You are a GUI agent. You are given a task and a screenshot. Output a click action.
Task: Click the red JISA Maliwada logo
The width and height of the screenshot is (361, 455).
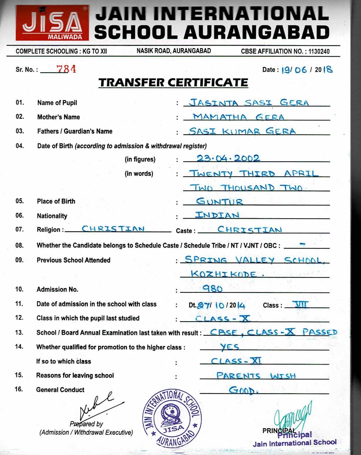point(52,23)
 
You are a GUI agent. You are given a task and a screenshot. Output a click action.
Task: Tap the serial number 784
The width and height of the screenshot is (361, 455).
point(66,69)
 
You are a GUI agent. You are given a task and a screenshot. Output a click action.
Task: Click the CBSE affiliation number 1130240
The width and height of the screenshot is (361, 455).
point(319,51)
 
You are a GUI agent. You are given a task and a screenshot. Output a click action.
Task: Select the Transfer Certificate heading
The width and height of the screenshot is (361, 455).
point(173,83)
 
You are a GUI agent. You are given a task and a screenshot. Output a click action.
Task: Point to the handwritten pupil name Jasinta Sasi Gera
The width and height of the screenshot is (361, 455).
point(249,103)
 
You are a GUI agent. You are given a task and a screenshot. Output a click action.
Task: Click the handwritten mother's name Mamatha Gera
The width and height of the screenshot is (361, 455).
point(238,117)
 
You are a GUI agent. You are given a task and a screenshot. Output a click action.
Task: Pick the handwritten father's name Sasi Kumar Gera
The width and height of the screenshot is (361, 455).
point(242,131)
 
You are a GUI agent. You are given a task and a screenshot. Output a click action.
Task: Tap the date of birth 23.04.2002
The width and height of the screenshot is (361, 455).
point(228,159)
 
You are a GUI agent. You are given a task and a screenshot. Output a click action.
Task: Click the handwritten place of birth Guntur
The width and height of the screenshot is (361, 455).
point(220,201)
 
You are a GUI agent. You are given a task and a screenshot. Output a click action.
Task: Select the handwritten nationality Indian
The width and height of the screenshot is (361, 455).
point(217,215)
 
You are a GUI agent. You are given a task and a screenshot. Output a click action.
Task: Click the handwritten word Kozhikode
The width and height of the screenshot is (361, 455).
point(223,274)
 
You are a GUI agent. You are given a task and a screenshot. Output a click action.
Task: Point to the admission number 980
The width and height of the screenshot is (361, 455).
point(212,289)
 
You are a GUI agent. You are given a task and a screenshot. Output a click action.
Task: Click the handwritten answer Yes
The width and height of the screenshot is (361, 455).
point(230,347)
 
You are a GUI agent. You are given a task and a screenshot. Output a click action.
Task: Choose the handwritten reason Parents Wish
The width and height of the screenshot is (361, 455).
point(256,376)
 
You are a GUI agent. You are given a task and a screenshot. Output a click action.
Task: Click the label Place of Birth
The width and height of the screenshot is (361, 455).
point(56,201)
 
